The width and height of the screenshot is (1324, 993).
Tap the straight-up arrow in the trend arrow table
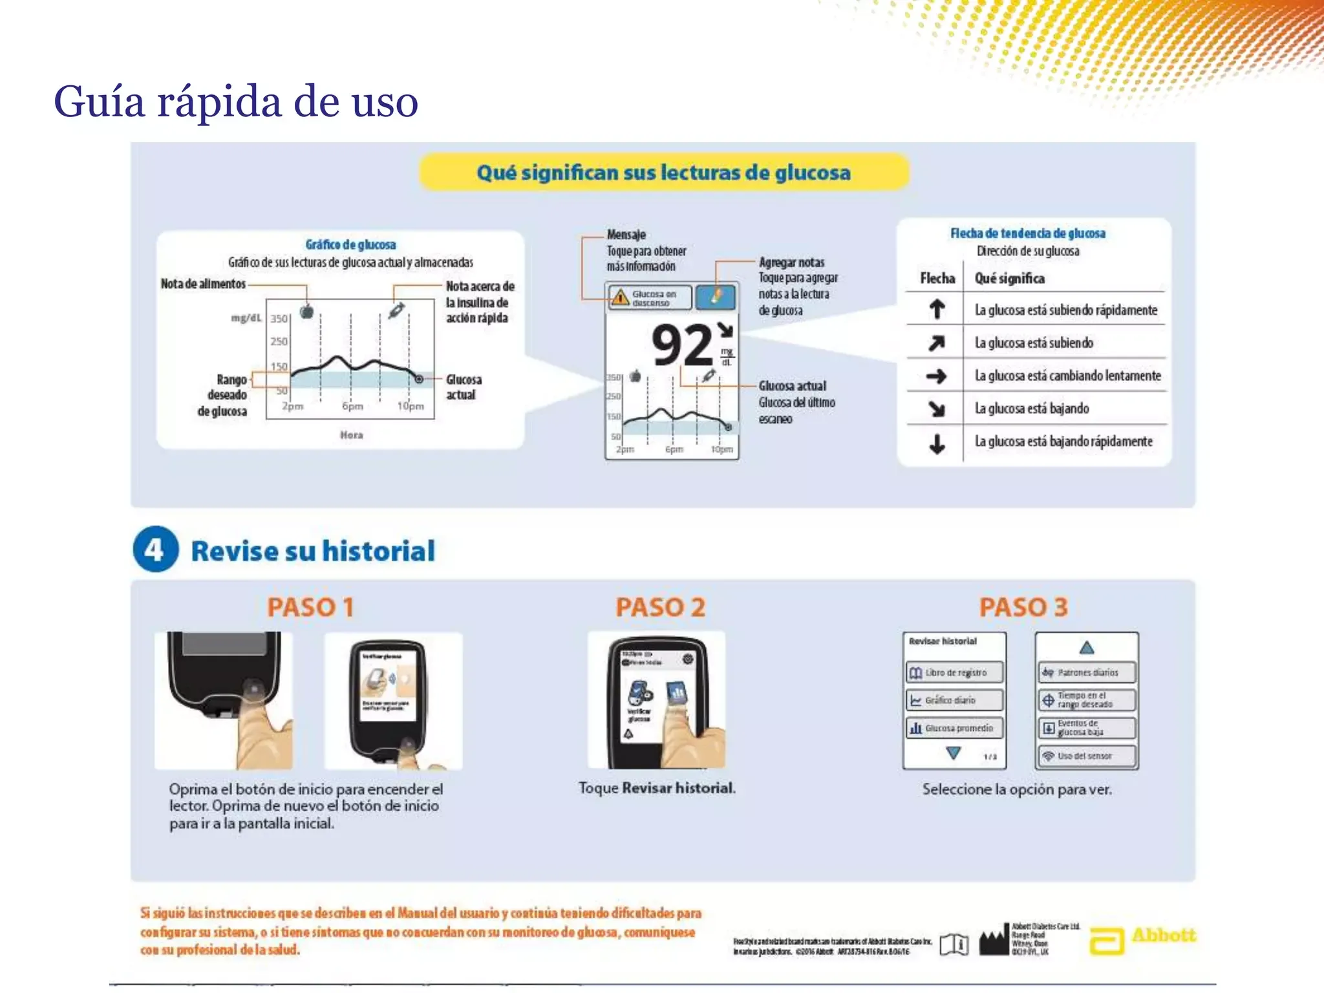point(937,310)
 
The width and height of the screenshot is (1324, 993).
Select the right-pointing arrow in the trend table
point(936,376)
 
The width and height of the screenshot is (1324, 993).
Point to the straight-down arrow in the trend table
point(937,443)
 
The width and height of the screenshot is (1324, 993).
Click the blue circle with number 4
point(155,550)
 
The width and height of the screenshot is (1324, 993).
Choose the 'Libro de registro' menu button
point(954,672)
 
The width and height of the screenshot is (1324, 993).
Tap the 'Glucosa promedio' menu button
point(954,728)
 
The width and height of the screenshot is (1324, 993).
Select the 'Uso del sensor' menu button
point(1086,756)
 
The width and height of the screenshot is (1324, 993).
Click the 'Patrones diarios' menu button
point(1086,672)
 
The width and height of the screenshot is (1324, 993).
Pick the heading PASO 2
point(660,607)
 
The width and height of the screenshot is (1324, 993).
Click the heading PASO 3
point(1023,607)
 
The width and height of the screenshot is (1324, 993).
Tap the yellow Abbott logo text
point(1164,935)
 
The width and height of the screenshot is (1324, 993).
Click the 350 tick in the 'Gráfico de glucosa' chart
point(279,319)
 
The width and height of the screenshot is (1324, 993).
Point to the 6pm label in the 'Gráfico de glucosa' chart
point(352,407)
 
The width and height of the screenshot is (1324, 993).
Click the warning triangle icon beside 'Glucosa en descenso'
point(620,297)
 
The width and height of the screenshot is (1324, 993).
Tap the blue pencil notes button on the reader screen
point(716,297)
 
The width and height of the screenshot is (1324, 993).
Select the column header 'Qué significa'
point(1009,279)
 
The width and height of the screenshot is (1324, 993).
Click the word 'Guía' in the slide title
point(100,102)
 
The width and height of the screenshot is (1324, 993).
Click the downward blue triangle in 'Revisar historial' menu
point(953,753)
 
